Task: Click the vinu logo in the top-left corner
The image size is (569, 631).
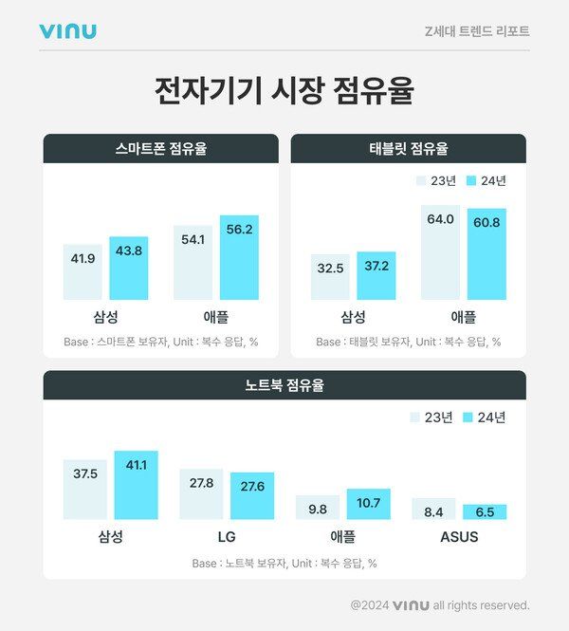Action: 67,31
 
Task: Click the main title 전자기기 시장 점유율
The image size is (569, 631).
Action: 284,91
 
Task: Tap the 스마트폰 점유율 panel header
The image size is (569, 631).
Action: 160,149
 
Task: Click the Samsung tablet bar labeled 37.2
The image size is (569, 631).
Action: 376,276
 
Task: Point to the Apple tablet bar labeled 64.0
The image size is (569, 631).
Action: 440,252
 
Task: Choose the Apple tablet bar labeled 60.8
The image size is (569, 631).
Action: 486,254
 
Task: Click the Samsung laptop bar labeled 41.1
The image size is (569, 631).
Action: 137,485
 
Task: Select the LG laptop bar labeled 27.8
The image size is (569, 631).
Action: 201,493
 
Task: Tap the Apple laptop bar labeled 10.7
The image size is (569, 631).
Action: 369,504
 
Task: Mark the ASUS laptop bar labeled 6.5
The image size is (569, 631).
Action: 485,511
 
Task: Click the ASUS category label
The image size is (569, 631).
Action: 460,537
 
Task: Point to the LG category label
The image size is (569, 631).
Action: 227,537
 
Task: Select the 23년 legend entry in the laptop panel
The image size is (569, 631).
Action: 432,418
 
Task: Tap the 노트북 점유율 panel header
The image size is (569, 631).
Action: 284,385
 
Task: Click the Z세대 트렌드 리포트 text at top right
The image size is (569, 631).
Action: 477,31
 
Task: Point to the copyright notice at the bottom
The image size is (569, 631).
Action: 439,604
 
